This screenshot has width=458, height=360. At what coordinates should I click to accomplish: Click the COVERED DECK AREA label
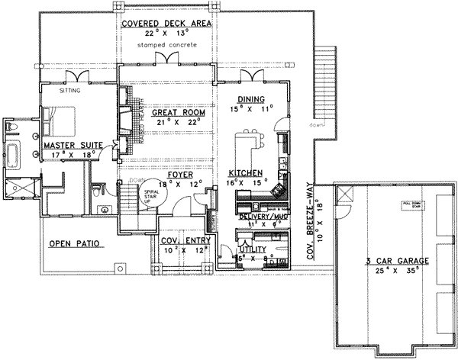click(x=165, y=24)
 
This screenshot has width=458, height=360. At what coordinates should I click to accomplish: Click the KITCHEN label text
click(x=246, y=173)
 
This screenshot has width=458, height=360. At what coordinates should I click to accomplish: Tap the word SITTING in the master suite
click(x=70, y=90)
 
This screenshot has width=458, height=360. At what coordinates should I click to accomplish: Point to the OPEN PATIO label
click(x=76, y=244)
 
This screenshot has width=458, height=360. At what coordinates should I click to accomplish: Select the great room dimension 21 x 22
click(x=165, y=121)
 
